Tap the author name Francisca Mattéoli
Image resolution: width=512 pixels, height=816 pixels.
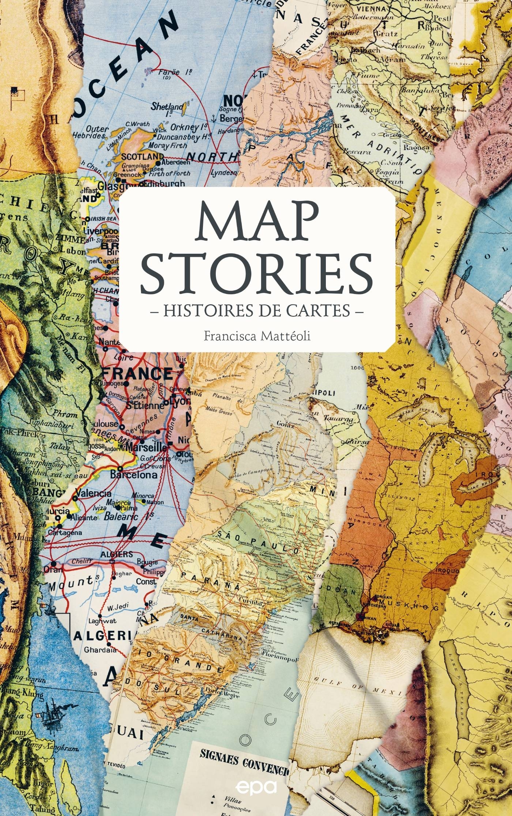coord(257,336)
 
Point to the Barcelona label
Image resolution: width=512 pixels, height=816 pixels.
coord(134,475)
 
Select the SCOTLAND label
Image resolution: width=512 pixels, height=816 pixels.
coord(138,156)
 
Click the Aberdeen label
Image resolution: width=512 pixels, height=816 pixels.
coord(177,162)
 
